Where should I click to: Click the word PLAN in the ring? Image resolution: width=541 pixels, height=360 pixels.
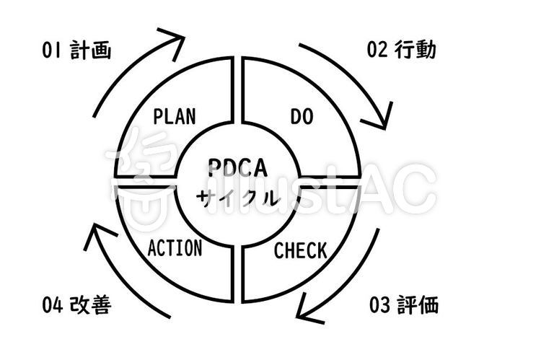point(175,116)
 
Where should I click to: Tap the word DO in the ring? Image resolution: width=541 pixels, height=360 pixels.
point(302,116)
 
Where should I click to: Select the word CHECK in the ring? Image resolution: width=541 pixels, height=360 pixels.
point(300,250)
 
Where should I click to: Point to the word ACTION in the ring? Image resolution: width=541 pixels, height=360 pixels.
point(175,248)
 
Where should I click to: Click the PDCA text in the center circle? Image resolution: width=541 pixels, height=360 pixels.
point(238,168)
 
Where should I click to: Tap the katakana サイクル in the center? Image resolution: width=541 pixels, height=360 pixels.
point(238,198)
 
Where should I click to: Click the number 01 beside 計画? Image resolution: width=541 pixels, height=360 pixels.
point(51,50)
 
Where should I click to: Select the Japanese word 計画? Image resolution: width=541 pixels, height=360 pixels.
point(91,50)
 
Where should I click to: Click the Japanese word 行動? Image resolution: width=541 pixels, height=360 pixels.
point(415,49)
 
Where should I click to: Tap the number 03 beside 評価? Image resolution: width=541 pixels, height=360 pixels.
point(379,304)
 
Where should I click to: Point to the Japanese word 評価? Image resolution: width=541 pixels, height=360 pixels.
point(418,304)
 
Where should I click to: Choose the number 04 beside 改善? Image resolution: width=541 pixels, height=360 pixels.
point(53,305)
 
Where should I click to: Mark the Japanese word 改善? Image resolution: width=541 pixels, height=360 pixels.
point(91,305)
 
